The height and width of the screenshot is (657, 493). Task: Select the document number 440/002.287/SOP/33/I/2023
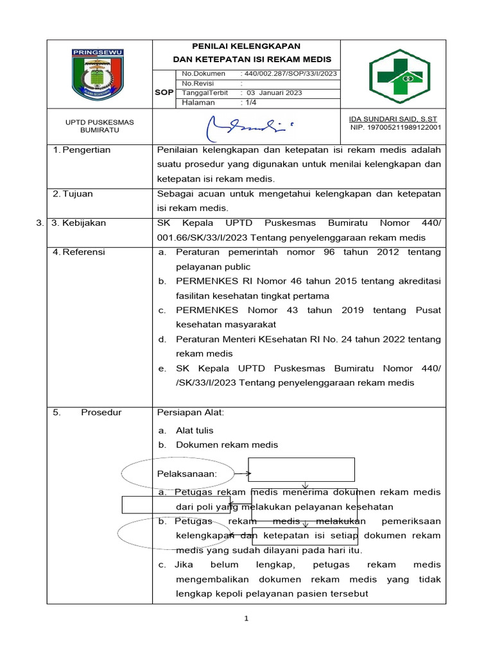pyautogui.click(x=290, y=74)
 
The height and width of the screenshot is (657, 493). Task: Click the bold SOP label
pyautogui.click(x=164, y=92)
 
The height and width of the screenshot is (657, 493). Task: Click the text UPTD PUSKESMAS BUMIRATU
pyautogui.click(x=99, y=125)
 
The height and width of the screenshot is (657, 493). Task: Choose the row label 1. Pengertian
pyautogui.click(x=82, y=150)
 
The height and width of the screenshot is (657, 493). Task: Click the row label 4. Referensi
pyautogui.click(x=79, y=252)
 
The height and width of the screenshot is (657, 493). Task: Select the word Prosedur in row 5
pyautogui.click(x=101, y=413)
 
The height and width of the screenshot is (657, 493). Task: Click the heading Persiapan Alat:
pyautogui.click(x=191, y=413)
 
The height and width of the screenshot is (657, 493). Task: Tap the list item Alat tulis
pyautogui.click(x=195, y=431)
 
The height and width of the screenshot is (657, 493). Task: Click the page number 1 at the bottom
pyautogui.click(x=246, y=619)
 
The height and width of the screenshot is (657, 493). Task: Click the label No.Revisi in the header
pyautogui.click(x=198, y=83)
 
